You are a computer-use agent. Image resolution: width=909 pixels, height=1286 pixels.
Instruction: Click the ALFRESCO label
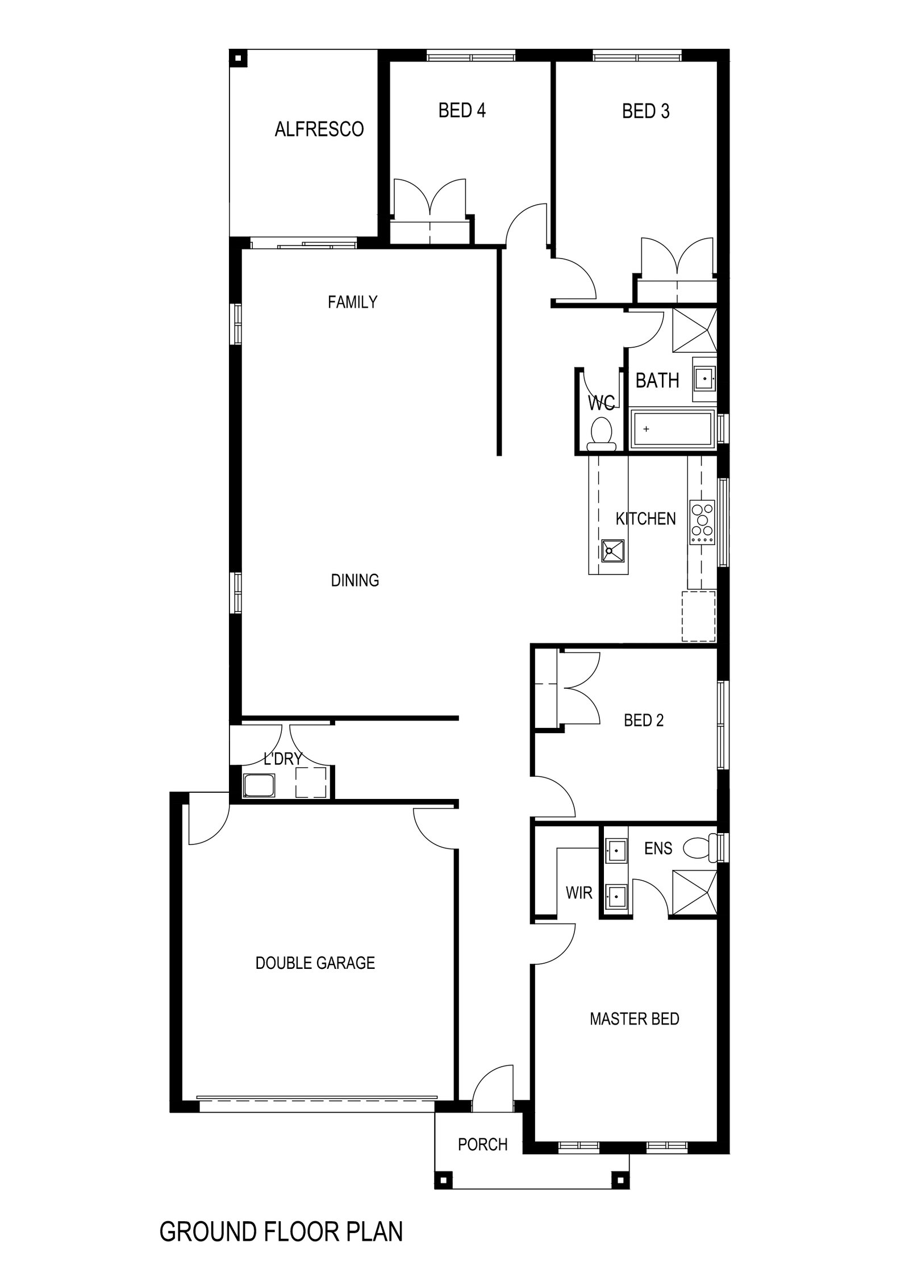(319, 130)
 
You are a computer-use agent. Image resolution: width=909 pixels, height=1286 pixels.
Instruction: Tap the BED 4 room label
(462, 110)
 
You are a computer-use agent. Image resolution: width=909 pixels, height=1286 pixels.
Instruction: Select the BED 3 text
(646, 111)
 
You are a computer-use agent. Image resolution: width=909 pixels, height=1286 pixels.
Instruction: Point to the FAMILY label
(352, 302)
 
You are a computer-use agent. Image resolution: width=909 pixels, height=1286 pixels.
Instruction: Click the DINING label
(355, 580)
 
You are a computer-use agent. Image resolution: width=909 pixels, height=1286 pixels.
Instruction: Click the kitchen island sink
(614, 550)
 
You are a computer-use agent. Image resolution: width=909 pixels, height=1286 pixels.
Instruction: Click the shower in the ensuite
(694, 892)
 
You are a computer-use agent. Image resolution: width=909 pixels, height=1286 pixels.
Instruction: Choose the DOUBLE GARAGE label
(315, 963)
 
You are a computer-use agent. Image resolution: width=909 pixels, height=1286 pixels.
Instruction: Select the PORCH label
(483, 1144)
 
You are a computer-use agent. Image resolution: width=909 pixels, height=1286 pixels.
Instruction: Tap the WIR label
(579, 893)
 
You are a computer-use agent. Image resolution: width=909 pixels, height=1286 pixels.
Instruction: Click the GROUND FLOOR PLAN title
(281, 1243)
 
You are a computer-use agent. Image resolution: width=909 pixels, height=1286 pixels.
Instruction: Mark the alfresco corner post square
(238, 58)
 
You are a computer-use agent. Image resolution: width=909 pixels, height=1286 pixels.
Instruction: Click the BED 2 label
(644, 721)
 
